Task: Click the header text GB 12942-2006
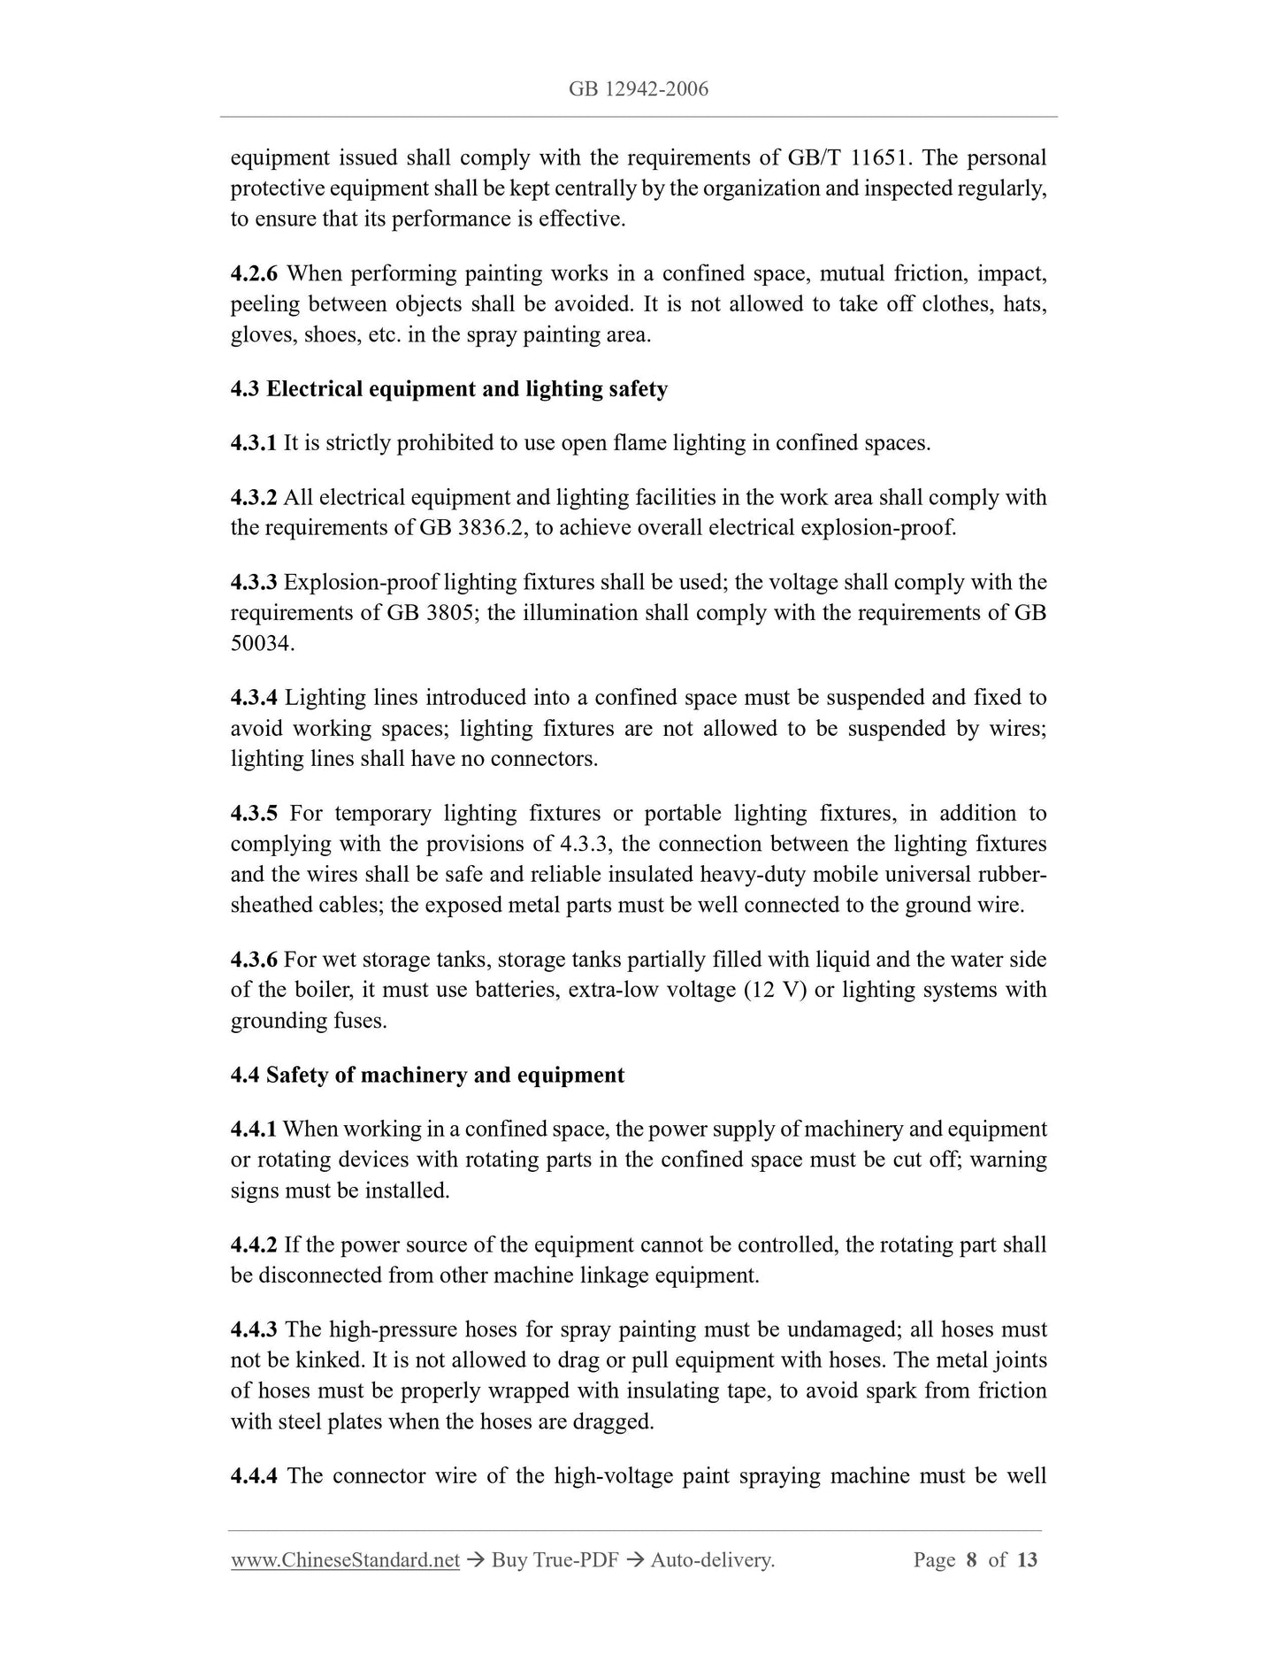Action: [x=639, y=89]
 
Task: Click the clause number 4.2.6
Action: [x=254, y=274]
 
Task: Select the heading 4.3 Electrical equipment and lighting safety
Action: [x=448, y=389]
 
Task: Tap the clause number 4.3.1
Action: [x=254, y=443]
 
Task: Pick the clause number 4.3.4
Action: [x=254, y=698]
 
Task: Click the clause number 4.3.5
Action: [x=254, y=814]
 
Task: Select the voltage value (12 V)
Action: [x=776, y=991]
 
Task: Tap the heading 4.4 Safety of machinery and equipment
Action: [x=427, y=1076]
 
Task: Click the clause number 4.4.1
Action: [x=254, y=1129]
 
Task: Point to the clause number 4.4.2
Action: [x=254, y=1245]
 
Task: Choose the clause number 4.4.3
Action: [x=254, y=1329]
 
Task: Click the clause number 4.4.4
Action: [x=254, y=1476]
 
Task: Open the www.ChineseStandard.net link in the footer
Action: [x=345, y=1560]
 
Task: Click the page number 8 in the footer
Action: [x=971, y=1560]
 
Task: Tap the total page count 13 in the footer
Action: [x=1027, y=1560]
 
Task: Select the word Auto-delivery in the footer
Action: [x=712, y=1560]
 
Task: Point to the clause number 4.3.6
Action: [x=254, y=960]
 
